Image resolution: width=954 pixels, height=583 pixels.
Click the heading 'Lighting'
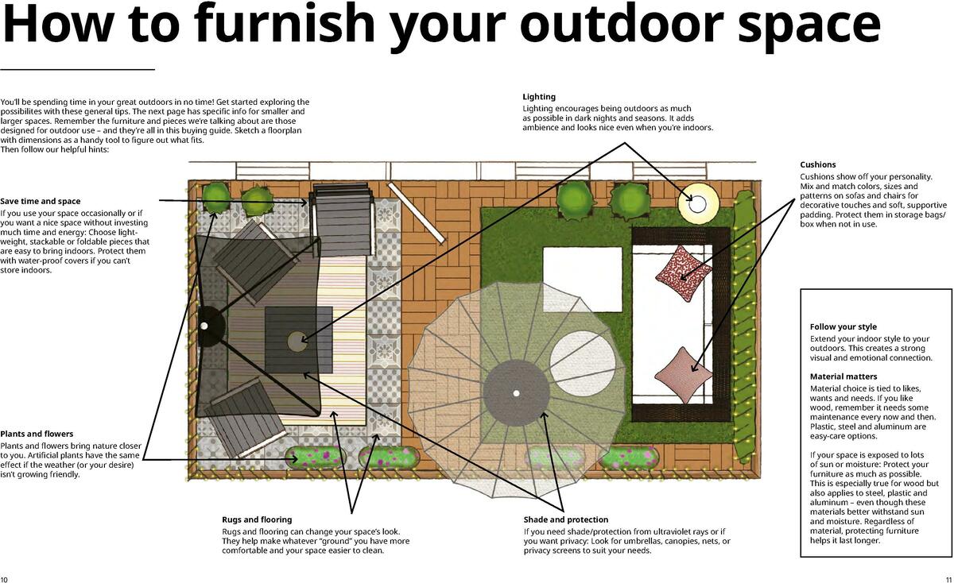(538, 97)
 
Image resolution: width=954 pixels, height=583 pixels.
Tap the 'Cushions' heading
(817, 164)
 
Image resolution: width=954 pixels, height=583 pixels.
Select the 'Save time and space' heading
(40, 201)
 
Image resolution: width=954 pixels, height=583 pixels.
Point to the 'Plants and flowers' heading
(37, 434)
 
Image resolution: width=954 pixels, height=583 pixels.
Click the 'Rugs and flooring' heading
(257, 519)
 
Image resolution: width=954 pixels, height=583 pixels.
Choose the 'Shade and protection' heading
(565, 519)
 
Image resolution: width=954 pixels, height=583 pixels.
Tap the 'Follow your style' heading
(843, 326)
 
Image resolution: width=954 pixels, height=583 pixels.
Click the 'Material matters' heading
(843, 376)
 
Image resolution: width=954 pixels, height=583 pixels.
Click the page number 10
(5, 578)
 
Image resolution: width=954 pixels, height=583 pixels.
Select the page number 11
(948, 578)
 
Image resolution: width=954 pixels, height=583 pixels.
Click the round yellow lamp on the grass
(697, 203)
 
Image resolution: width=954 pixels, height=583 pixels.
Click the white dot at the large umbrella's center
(516, 393)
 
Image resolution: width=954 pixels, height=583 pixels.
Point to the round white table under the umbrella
(582, 361)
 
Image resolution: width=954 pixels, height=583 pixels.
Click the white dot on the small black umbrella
(204, 326)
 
